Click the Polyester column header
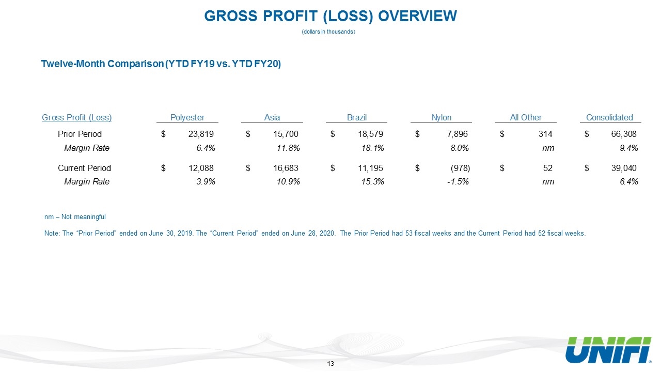(x=187, y=117)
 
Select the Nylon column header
(x=442, y=117)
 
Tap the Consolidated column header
(x=609, y=117)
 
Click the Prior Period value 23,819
(x=201, y=134)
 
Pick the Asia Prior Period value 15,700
(x=286, y=134)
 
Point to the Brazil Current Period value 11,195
(x=370, y=168)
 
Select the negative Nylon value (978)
(x=460, y=168)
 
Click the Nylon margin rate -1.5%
(x=458, y=181)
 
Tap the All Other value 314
(x=545, y=134)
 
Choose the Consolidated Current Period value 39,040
(x=624, y=168)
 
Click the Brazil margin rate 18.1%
(x=373, y=148)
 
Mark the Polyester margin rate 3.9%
(x=206, y=181)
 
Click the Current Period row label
(x=84, y=168)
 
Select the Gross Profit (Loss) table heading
(x=77, y=117)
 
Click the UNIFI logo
(x=609, y=350)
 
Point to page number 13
(x=330, y=363)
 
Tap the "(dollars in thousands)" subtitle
(x=328, y=32)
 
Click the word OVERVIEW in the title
(x=418, y=16)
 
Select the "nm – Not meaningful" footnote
(x=75, y=217)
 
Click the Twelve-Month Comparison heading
(x=161, y=64)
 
